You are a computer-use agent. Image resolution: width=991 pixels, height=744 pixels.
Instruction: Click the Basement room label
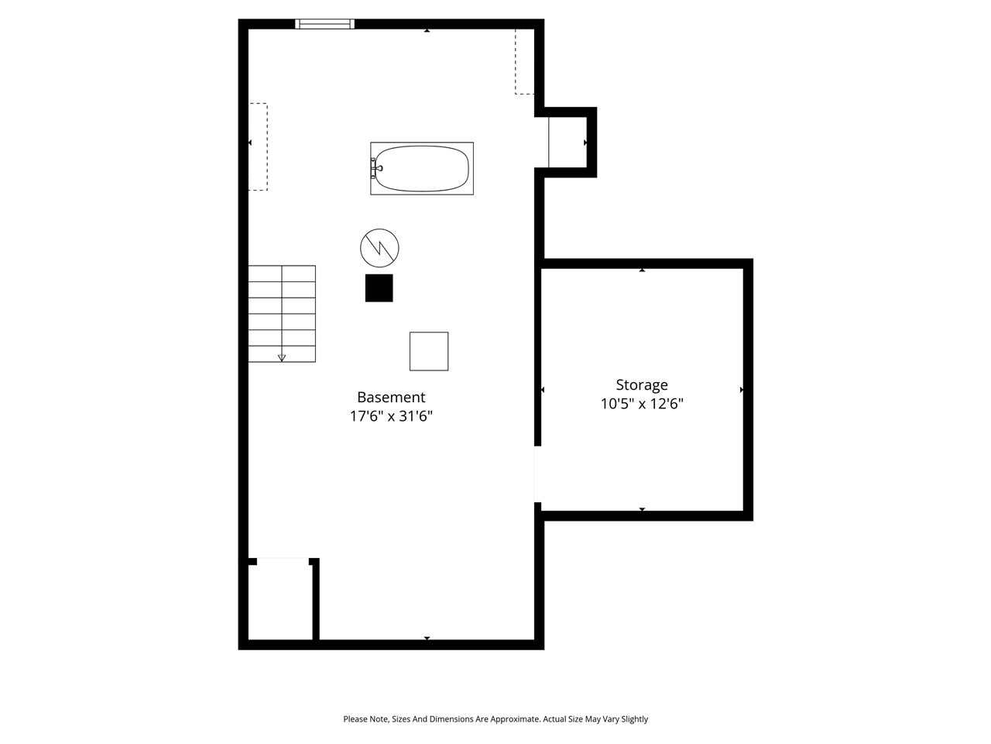391,398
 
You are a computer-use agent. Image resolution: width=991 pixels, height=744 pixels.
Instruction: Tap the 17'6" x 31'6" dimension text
391,417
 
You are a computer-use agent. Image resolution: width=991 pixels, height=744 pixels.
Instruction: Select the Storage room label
642,385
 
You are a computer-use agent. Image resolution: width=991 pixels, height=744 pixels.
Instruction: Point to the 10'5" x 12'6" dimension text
642,404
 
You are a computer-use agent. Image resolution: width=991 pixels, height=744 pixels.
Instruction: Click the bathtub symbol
422,168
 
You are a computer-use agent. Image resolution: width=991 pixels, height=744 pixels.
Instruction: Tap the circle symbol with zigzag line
379,248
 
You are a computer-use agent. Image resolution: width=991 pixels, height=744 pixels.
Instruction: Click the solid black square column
379,288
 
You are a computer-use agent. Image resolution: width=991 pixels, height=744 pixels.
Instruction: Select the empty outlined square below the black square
429,351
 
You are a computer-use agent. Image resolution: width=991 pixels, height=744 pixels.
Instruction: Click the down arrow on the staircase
282,357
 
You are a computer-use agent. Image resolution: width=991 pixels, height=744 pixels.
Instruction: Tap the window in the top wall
325,24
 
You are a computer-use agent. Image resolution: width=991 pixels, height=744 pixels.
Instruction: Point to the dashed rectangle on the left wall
258,146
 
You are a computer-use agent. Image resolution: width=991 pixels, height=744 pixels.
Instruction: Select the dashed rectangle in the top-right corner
525,62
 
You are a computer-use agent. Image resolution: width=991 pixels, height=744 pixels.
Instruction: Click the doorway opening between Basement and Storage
537,474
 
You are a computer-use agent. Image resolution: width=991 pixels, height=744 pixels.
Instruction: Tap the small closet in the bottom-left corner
280,601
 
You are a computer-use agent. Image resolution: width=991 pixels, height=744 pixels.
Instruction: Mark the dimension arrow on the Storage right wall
742,390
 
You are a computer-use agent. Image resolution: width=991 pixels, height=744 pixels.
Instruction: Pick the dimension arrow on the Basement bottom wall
427,638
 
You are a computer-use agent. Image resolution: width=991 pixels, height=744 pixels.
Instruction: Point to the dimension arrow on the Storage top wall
642,270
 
